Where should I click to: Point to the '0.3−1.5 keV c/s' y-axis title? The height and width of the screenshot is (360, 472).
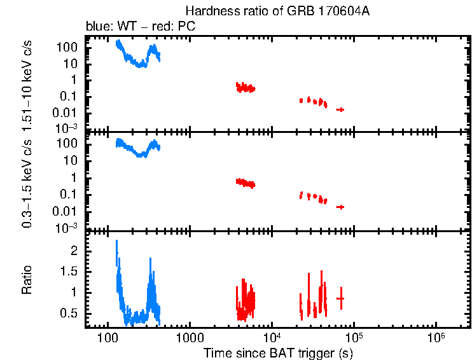click(28, 181)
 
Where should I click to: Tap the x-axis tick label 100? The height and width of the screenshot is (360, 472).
click(107, 336)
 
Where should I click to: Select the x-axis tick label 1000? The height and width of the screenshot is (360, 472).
click(189, 336)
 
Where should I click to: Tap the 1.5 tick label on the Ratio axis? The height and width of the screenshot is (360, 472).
click(69, 272)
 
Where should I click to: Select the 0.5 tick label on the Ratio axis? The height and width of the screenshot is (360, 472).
click(69, 313)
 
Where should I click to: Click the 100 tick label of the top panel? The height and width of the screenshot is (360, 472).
click(67, 48)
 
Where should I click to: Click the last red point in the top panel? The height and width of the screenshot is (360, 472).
click(340, 109)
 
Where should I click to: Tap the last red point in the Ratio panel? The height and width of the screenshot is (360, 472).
click(340, 298)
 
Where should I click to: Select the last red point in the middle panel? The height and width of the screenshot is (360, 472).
click(340, 207)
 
